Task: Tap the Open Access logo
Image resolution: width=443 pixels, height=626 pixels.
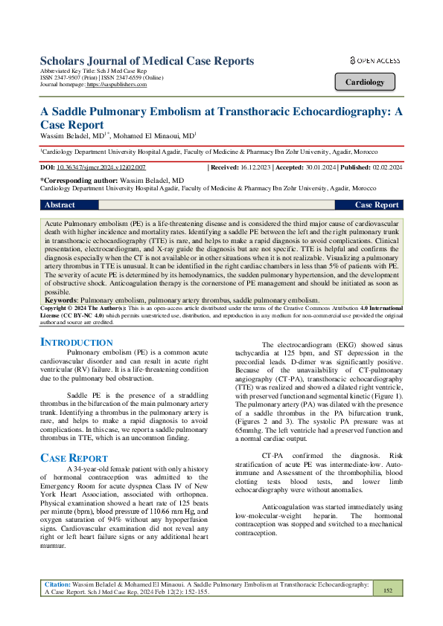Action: (x=375, y=60)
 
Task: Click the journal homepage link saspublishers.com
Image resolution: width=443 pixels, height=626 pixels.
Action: (x=117, y=85)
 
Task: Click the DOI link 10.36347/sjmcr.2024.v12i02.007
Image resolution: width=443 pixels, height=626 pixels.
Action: (x=101, y=169)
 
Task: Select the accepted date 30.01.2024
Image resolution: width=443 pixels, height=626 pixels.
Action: (x=329, y=169)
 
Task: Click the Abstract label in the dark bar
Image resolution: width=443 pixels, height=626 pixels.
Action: (x=60, y=204)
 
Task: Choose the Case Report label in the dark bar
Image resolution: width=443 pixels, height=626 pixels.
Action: (x=377, y=204)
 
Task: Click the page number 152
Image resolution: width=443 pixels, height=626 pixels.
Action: (x=387, y=590)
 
